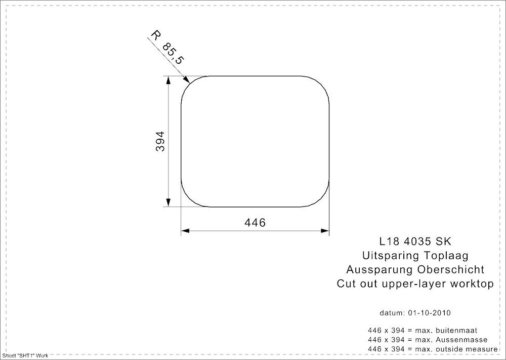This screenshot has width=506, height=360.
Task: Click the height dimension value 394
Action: tap(159, 142)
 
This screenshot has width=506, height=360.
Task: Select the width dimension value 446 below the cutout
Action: tap(255, 222)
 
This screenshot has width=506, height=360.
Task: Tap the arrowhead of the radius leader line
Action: tap(187, 80)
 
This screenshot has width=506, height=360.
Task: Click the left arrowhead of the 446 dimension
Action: tap(185, 231)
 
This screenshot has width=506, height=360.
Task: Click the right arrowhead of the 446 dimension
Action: tap(326, 231)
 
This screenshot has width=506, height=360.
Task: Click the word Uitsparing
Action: tap(388, 255)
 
